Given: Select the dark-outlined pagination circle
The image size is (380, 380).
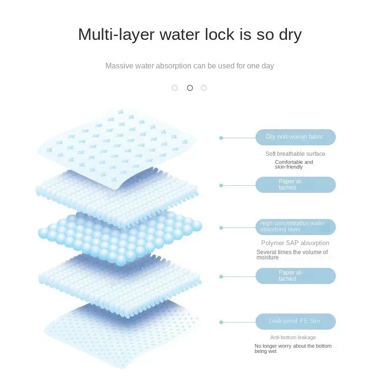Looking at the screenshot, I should (x=190, y=88).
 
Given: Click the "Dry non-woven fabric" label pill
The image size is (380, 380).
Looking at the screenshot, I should (x=295, y=137).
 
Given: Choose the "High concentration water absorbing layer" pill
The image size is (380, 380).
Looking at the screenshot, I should (x=295, y=227).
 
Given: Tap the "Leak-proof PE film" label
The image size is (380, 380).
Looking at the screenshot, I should (x=295, y=322).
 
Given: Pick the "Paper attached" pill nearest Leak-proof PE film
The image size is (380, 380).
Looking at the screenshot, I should (x=295, y=276).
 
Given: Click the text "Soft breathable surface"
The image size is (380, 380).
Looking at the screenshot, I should (x=295, y=154).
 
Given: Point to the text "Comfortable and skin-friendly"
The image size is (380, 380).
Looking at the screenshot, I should (x=294, y=164).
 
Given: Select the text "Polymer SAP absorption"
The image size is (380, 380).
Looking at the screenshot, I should (x=295, y=243).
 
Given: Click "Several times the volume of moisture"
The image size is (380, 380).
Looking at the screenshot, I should (x=292, y=255).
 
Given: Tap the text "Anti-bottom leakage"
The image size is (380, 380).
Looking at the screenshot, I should (x=293, y=337).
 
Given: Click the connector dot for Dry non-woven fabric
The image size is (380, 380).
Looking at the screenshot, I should (x=221, y=138).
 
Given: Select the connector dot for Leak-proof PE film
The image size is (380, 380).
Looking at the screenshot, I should (x=221, y=322).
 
